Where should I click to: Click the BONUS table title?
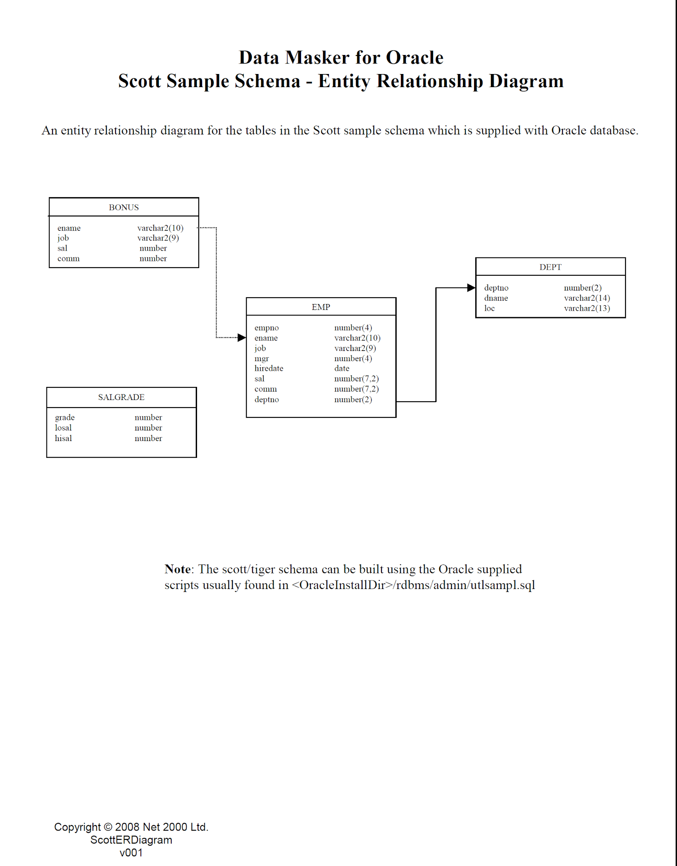click(x=123, y=207)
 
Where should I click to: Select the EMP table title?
click(x=321, y=307)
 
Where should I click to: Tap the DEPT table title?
click(x=550, y=267)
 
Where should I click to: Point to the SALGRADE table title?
click(x=121, y=397)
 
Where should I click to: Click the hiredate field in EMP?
click(x=269, y=368)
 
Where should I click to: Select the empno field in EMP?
click(x=266, y=328)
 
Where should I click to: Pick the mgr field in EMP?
click(x=261, y=359)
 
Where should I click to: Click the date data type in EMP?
click(x=342, y=368)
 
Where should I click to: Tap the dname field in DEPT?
click(x=496, y=298)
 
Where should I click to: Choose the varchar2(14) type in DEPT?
click(x=587, y=298)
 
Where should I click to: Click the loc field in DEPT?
click(x=489, y=308)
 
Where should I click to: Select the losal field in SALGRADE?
click(x=63, y=428)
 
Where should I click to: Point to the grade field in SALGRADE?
click(x=65, y=417)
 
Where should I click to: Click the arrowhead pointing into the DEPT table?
click(x=471, y=288)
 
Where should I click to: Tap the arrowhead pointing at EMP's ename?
click(x=242, y=337)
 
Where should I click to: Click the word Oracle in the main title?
click(x=414, y=58)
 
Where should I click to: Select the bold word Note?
click(x=178, y=569)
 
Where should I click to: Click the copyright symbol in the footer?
click(x=108, y=827)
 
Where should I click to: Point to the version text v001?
click(x=131, y=853)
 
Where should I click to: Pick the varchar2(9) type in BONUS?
click(x=158, y=238)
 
